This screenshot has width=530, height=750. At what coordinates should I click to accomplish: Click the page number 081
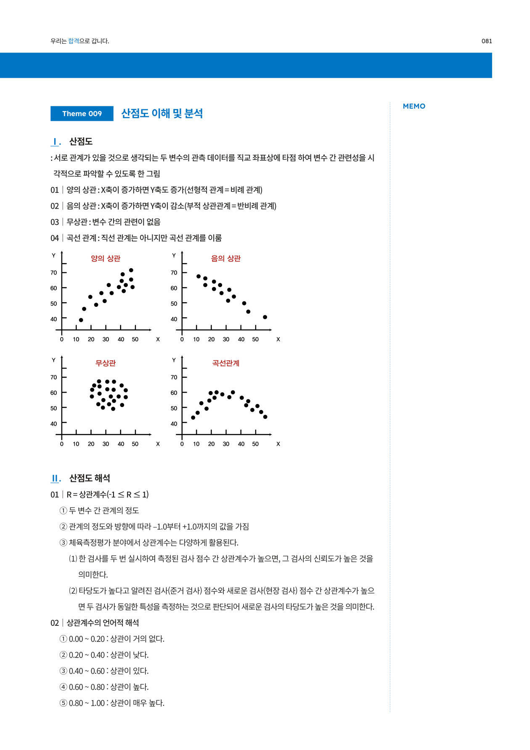(x=487, y=41)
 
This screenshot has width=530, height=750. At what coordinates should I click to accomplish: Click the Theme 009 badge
(x=82, y=114)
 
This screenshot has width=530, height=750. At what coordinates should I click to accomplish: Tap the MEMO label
(x=414, y=106)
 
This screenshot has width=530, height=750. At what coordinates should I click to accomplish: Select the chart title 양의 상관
(x=106, y=258)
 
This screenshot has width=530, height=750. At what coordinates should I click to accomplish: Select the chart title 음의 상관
(x=226, y=258)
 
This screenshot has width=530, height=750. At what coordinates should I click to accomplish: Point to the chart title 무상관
(x=106, y=363)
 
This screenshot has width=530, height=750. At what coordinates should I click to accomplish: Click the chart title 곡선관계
(x=226, y=363)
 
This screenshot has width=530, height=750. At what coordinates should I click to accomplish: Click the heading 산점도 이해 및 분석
(x=162, y=114)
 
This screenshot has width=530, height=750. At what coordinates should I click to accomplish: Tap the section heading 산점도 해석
(x=90, y=478)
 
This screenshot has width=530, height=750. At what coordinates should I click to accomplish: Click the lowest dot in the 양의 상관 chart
(x=81, y=320)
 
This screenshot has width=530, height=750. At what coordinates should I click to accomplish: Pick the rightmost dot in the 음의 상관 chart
(x=265, y=317)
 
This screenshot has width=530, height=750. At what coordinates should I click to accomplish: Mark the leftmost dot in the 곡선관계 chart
(x=193, y=418)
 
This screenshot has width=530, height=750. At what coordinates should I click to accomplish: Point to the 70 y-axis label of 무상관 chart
(x=54, y=377)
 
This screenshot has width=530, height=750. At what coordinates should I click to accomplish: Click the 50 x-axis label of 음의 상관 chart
(x=255, y=339)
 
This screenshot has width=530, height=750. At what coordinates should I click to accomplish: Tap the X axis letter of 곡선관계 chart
(x=278, y=444)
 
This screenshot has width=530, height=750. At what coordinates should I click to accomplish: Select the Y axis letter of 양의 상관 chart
(x=53, y=255)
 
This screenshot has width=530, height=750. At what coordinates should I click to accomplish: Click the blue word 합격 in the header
(x=74, y=41)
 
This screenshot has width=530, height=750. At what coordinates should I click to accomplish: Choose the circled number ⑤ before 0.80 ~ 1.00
(x=64, y=703)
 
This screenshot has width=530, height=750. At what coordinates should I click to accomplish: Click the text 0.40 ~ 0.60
(x=87, y=671)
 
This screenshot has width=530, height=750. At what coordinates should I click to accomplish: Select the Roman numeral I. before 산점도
(x=56, y=142)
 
